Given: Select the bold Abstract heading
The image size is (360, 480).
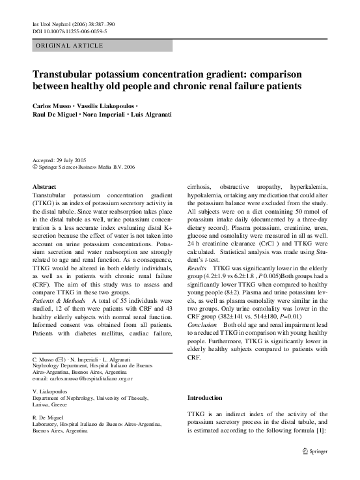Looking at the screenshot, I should pyautogui.click(x=44, y=187).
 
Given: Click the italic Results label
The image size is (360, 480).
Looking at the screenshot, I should pyautogui.click(x=197, y=268).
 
